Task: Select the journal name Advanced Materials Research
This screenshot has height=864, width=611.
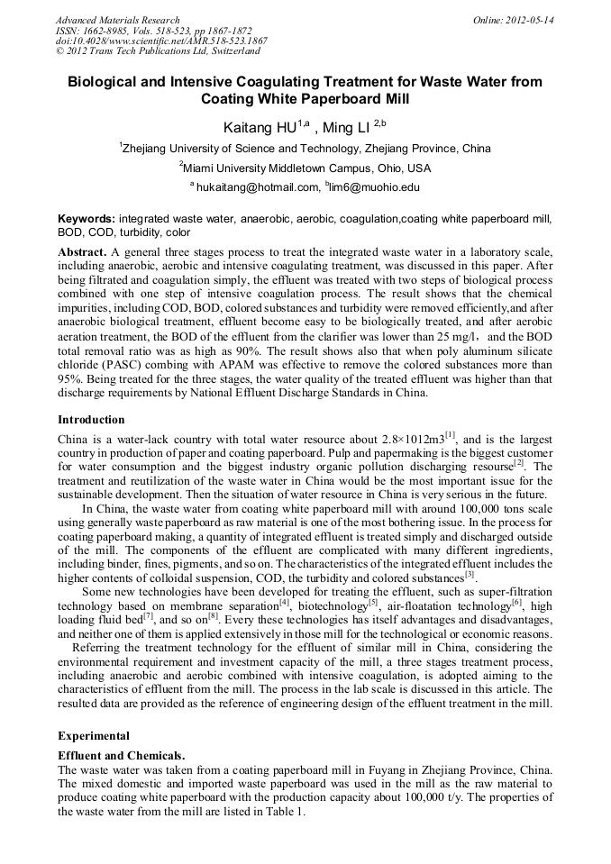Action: [x=117, y=19]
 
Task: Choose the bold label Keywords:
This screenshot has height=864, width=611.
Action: [x=87, y=219]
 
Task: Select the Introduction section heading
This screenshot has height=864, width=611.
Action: [x=91, y=420]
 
